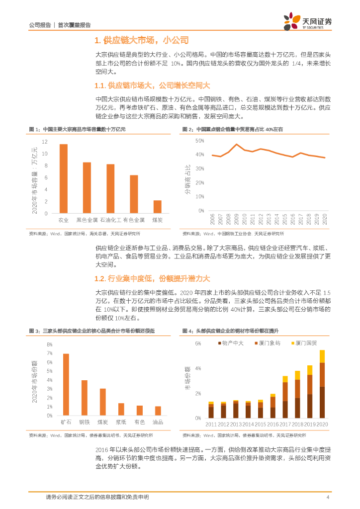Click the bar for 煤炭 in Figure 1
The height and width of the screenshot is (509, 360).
pos(157,207)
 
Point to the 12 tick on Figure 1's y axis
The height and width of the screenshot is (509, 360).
pos(45,142)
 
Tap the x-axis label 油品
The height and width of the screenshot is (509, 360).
pos(158,422)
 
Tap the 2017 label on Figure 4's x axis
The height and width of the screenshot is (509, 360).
pos(285,424)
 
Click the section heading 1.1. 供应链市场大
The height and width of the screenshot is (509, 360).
pos(153,85)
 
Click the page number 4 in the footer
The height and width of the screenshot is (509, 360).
pos(328,497)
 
